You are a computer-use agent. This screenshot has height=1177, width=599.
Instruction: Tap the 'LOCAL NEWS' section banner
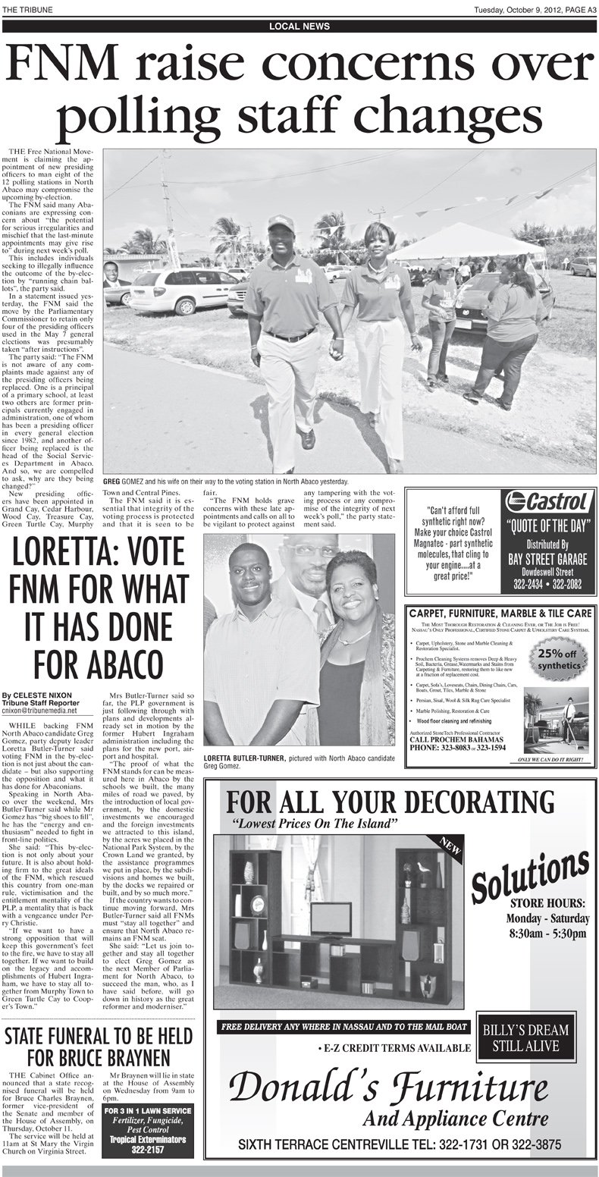pyautogui.click(x=299, y=26)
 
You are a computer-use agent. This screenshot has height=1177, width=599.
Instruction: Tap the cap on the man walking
pyautogui.click(x=281, y=222)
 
